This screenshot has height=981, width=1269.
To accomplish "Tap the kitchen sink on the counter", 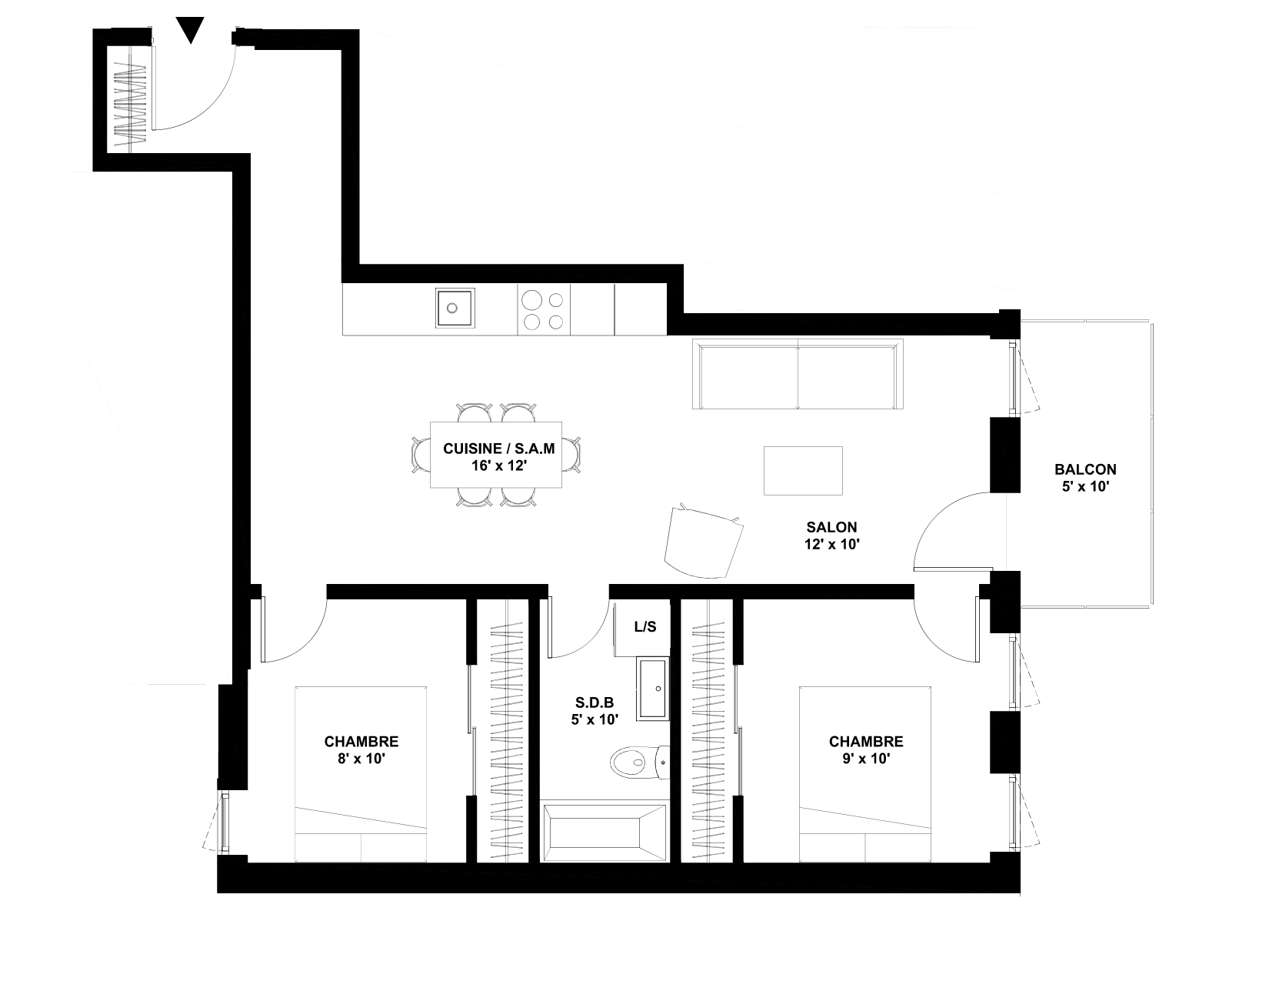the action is click(455, 308).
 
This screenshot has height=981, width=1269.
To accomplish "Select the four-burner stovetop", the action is click(543, 310).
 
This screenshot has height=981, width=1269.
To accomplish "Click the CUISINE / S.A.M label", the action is click(498, 449).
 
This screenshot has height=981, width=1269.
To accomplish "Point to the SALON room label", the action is click(831, 527).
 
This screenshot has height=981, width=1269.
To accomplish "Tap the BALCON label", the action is click(1085, 469).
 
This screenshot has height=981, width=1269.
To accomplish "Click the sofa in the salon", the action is click(798, 374).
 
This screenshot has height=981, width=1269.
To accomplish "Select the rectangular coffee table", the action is click(803, 471).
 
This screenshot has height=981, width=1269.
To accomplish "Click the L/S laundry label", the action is click(645, 627).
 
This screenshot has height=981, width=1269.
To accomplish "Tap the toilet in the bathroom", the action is click(640, 762).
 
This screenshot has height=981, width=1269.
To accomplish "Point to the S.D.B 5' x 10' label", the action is click(595, 711).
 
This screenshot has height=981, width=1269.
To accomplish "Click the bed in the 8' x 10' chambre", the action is click(360, 774).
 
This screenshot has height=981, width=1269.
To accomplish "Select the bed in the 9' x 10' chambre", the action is click(865, 774).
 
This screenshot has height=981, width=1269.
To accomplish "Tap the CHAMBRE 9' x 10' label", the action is click(866, 750).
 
